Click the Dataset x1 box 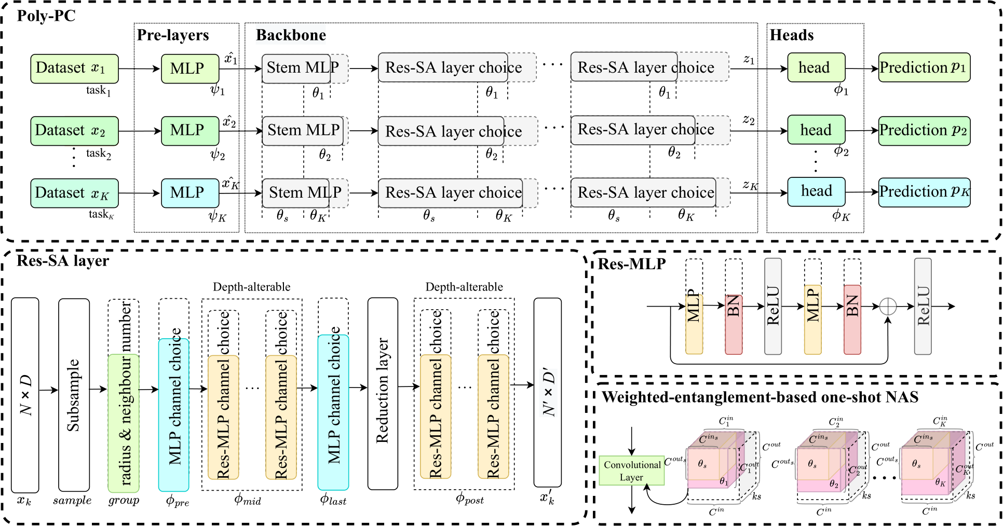click(x=74, y=68)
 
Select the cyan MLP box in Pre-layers click(x=190, y=193)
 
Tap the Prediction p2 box click(x=924, y=131)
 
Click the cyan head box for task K click(x=816, y=191)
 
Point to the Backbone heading click(x=291, y=35)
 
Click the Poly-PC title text click(x=46, y=16)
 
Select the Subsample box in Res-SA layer click(x=74, y=394)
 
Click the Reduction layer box click(x=383, y=393)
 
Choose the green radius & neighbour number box click(x=124, y=423)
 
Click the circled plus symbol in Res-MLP click(x=888, y=307)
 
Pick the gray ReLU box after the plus click(x=923, y=307)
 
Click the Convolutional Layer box click(x=632, y=470)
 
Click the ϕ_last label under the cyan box click(x=333, y=500)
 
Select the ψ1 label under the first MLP click(x=217, y=90)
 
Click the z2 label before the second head click(x=748, y=120)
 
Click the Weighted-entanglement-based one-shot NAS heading click(x=760, y=397)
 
